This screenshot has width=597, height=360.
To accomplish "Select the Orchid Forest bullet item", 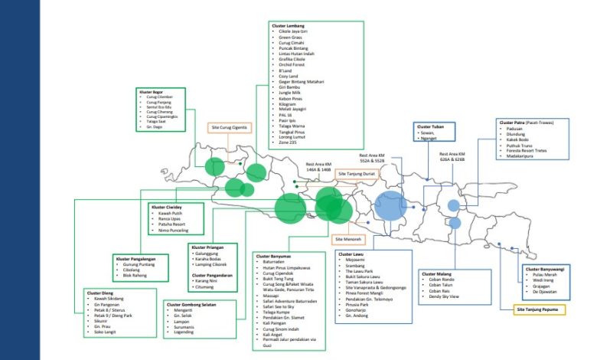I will point(295,64).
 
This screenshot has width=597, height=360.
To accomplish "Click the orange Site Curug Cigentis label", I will point(227,127).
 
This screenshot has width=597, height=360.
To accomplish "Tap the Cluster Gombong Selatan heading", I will point(190,304).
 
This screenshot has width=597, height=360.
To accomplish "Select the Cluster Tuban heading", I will point(430,126).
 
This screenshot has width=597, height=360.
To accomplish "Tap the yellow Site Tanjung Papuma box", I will point(542,309).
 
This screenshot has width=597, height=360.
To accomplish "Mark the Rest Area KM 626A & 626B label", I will point(452,158).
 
